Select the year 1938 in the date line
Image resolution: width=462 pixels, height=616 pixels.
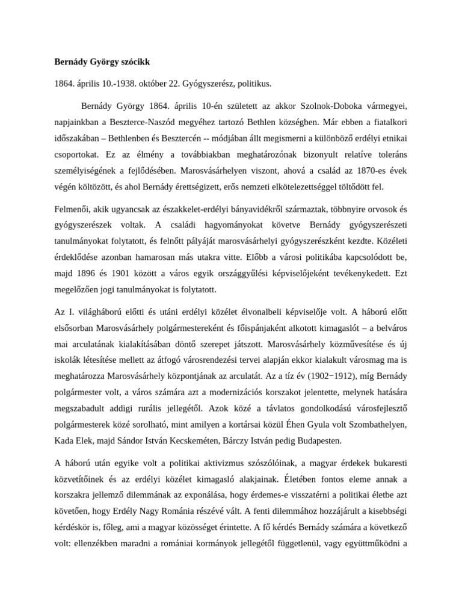pyautogui.click(x=111, y=84)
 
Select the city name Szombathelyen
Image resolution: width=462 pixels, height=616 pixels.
pyautogui.click(x=379, y=425)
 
